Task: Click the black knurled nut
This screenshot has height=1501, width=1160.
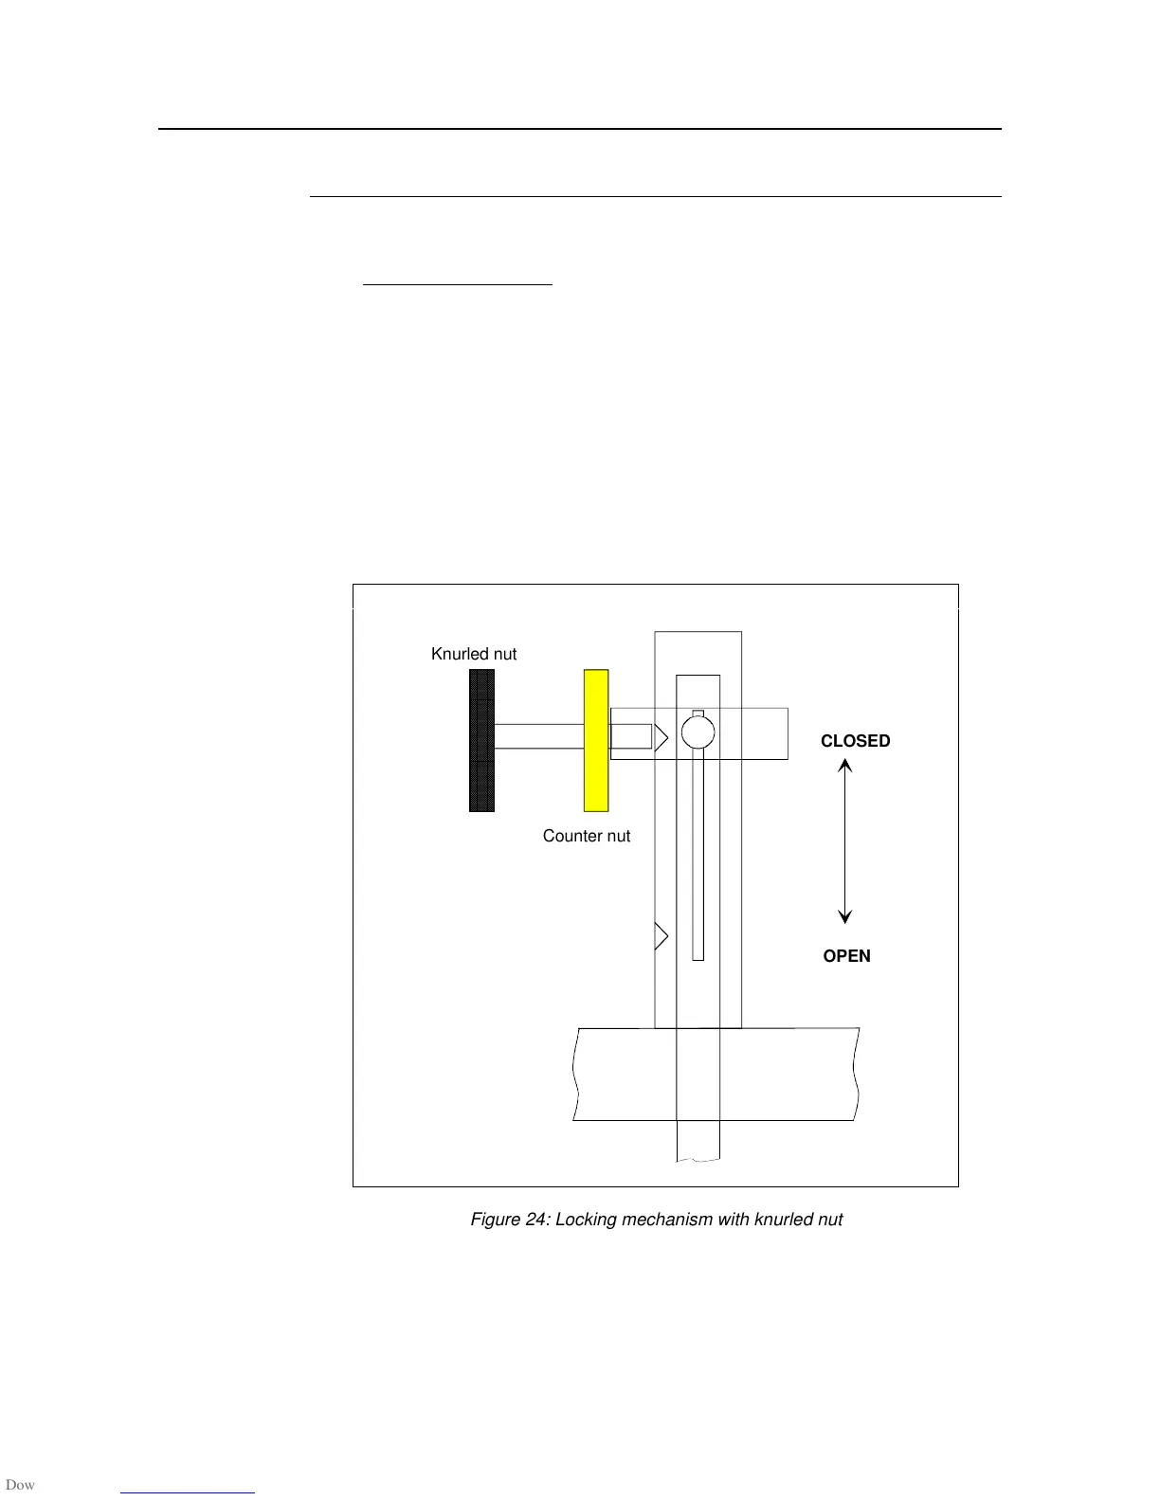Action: (x=481, y=740)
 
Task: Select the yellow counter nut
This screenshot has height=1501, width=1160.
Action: (x=595, y=740)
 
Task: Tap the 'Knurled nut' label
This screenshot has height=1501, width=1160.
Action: (x=474, y=654)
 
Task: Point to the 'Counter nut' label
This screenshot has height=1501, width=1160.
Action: (x=586, y=836)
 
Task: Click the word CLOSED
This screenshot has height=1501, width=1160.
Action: (x=855, y=741)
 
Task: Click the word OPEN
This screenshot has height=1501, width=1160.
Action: (x=846, y=956)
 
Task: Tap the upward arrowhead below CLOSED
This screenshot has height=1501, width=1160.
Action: (x=845, y=765)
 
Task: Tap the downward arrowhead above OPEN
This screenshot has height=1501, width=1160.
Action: (x=845, y=916)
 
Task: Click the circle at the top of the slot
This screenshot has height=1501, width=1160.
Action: (x=698, y=732)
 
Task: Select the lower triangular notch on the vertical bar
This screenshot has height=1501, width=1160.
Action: (x=661, y=936)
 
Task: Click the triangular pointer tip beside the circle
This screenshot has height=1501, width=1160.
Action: (x=662, y=736)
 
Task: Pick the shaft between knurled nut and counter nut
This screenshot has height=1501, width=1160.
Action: (x=537, y=736)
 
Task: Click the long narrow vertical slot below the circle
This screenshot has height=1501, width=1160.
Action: (x=698, y=853)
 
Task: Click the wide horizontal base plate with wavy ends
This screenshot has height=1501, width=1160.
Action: (x=625, y=1074)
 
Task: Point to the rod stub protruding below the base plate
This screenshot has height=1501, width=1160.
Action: (x=698, y=1141)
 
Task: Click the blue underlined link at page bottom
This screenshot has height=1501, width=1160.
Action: (x=188, y=1492)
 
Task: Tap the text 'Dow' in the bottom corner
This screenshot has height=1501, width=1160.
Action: (x=20, y=1485)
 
